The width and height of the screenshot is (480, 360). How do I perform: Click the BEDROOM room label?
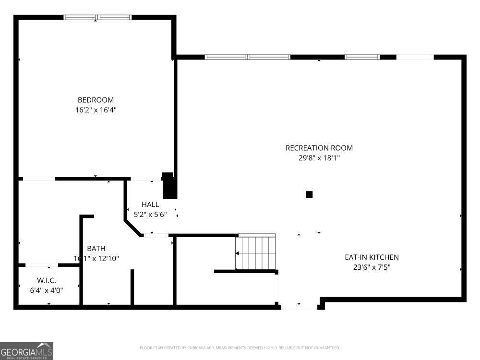click(96, 100)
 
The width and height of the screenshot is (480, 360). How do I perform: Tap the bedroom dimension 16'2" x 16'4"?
click(96, 110)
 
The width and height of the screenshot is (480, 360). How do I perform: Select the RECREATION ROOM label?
click(319, 148)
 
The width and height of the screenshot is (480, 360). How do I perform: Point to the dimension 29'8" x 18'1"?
click(319, 158)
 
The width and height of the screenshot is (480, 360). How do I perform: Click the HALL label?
click(150, 204)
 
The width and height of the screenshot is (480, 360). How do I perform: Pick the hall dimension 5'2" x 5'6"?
click(150, 215)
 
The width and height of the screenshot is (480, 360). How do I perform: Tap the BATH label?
click(96, 249)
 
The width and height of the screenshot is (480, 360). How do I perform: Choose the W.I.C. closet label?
click(47, 280)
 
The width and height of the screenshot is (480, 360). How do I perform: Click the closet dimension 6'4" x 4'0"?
click(47, 290)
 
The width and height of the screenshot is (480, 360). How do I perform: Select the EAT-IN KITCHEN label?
click(372, 257)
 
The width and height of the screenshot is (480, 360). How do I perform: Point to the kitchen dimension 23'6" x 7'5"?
click(372, 267)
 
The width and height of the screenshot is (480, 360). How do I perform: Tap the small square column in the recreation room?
click(309, 194)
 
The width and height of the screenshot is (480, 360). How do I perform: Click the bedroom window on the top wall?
click(98, 17)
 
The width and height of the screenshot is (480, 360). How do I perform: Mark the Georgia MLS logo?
click(26, 351)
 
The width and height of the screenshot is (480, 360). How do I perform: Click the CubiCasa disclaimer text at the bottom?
click(240, 348)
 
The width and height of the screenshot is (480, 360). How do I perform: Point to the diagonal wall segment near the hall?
click(133, 228)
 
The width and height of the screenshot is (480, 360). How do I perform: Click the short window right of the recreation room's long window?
click(362, 57)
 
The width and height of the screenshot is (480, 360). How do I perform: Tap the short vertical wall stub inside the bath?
click(132, 287)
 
